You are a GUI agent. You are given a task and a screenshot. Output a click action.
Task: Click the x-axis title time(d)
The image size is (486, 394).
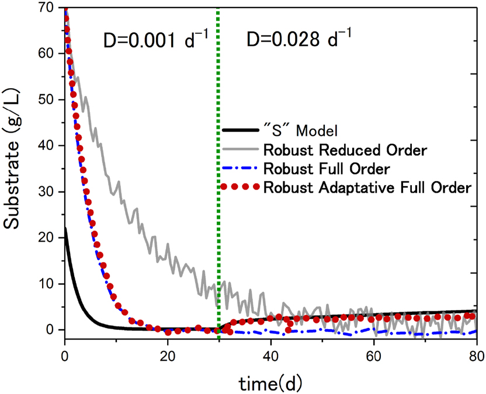pyautogui.click(x=270, y=381)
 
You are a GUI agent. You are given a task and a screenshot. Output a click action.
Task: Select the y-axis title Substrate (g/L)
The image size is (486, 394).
pyautogui.click(x=16, y=169)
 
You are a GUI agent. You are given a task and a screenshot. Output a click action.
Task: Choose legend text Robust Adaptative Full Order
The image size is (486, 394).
pyautogui.click(x=367, y=188)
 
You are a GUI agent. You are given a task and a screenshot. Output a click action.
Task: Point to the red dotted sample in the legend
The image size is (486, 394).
pyautogui.click(x=241, y=188)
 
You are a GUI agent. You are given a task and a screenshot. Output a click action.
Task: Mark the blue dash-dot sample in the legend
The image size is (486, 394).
pyautogui.click(x=241, y=169)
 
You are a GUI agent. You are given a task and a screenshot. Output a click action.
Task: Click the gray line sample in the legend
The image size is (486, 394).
pyautogui.click(x=241, y=150)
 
